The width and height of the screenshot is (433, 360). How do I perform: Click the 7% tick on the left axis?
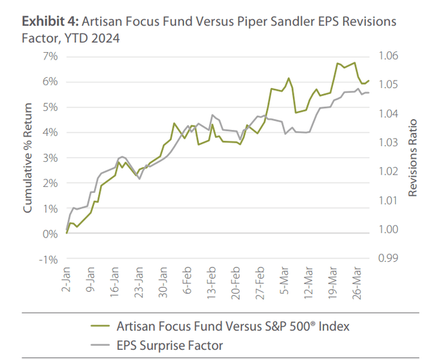pos(51,55)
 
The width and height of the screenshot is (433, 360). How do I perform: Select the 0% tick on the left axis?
pos(51,234)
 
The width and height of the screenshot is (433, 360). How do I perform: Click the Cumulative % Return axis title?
pos(28,157)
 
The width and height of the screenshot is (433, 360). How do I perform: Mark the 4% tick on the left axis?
pos(51,132)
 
